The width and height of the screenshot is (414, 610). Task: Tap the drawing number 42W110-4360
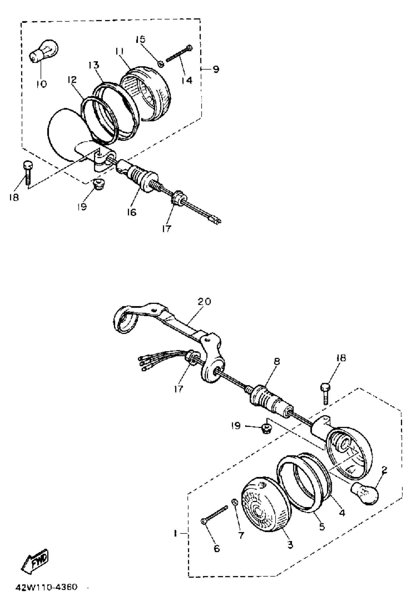(x=47, y=587)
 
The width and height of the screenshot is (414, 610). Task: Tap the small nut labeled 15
(x=161, y=63)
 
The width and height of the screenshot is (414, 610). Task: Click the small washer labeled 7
(x=234, y=502)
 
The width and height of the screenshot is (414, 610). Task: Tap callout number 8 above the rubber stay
(x=277, y=362)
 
